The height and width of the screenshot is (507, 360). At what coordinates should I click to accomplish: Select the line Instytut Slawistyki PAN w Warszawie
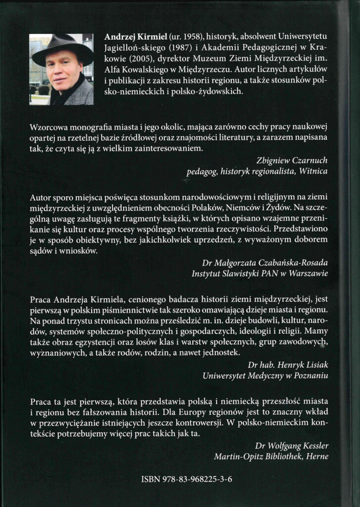pos(260,273)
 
